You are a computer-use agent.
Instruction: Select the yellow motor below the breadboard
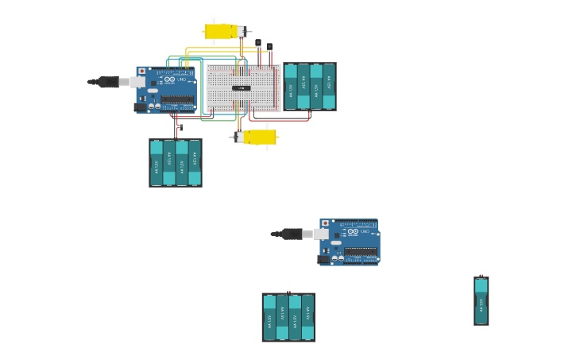point(261,137)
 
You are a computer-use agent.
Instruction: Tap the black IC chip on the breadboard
point(242,87)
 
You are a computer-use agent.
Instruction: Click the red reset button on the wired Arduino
point(142,72)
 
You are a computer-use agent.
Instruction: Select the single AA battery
point(481,300)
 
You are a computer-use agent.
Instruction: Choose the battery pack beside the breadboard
point(310,86)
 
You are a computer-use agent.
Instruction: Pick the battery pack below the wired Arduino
point(175,163)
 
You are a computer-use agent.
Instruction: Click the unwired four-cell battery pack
point(288,317)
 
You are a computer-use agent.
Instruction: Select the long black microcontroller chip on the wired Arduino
point(178,100)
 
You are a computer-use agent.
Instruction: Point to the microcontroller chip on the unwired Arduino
point(361,253)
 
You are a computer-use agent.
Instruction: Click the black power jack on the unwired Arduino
point(324,259)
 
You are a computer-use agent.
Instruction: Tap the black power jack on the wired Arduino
point(141,106)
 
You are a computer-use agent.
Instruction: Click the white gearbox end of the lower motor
point(239,137)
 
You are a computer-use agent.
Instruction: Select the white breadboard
point(243,87)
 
